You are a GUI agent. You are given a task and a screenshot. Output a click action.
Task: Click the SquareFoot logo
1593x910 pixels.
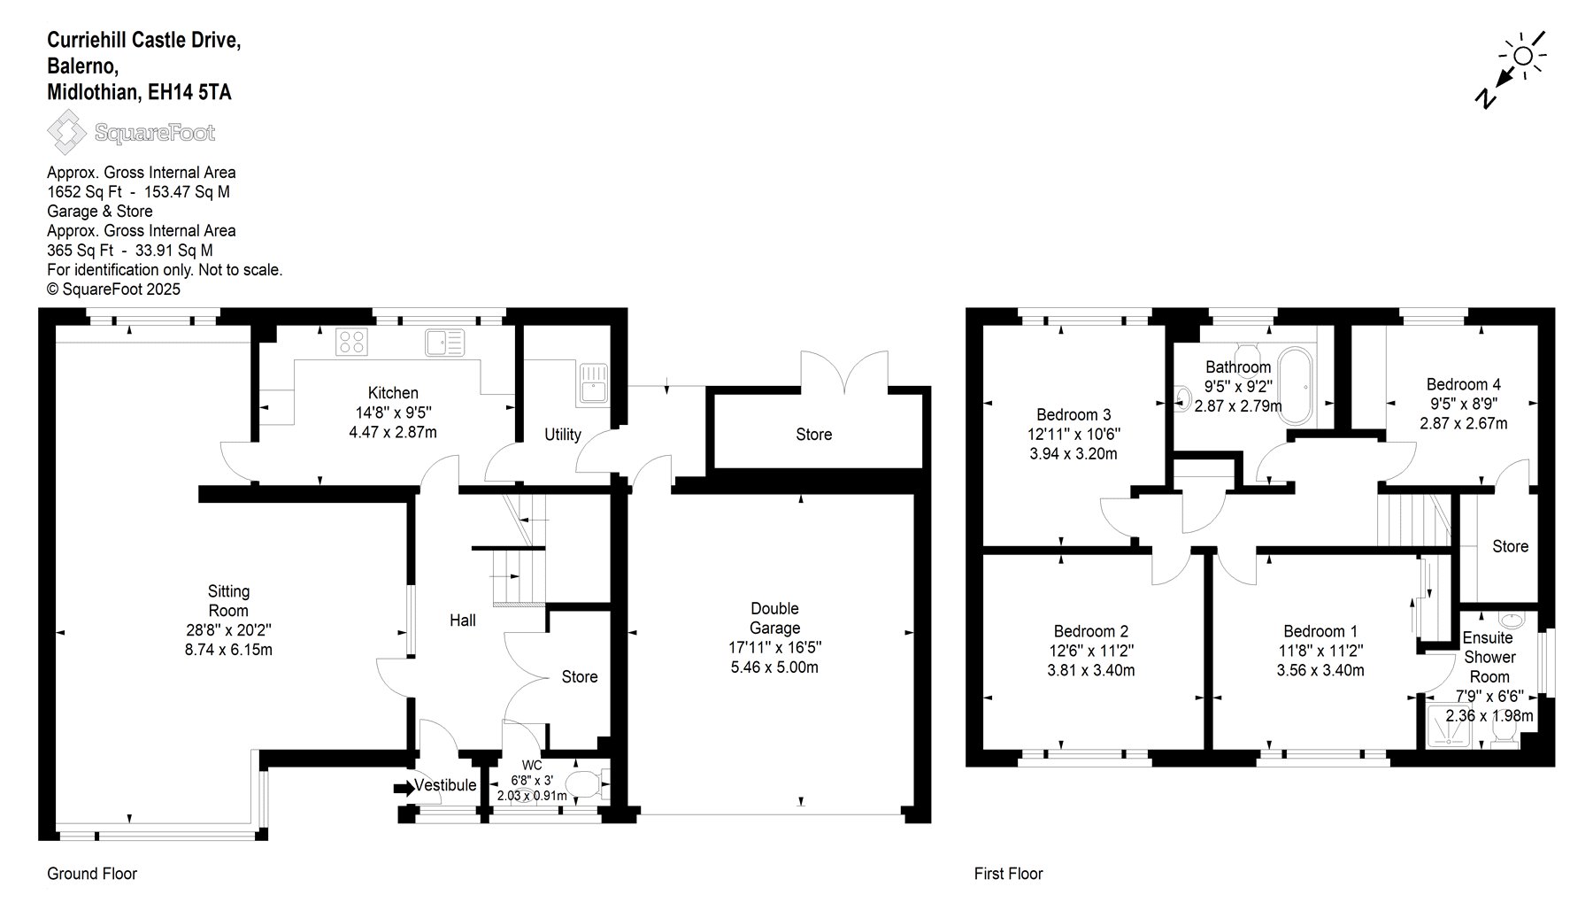pos(131,134)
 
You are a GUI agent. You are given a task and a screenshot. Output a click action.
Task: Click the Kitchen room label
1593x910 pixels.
pos(393,393)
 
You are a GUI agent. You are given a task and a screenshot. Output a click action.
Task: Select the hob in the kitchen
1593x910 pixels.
pos(351,342)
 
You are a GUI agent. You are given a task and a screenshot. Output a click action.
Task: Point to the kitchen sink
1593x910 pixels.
pos(444,342)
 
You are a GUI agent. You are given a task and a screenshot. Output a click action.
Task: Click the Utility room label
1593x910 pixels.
pos(563,435)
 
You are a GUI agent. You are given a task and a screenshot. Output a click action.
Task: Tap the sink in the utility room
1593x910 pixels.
pos(592,384)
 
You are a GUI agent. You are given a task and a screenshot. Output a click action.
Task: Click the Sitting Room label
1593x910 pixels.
pos(228,601)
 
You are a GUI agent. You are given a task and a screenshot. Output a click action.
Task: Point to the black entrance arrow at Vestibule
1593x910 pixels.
pos(404,787)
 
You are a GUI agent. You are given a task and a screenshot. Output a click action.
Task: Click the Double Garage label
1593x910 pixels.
pos(774,618)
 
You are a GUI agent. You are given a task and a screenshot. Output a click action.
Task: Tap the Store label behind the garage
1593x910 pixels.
pos(813,435)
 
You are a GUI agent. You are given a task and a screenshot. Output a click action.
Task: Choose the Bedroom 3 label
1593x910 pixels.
pos(1074,415)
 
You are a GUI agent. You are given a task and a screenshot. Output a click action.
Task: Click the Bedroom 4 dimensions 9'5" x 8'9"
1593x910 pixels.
pos(1463,405)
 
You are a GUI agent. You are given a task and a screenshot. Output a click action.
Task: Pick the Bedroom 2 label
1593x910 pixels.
pos(1090,632)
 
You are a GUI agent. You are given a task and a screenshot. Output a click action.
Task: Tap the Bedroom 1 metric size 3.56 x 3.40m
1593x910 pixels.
pos(1320,671)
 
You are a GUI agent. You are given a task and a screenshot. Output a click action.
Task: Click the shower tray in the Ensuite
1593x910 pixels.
pos(1451,727)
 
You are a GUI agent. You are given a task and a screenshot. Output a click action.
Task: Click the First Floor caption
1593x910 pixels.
pos(1009,874)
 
